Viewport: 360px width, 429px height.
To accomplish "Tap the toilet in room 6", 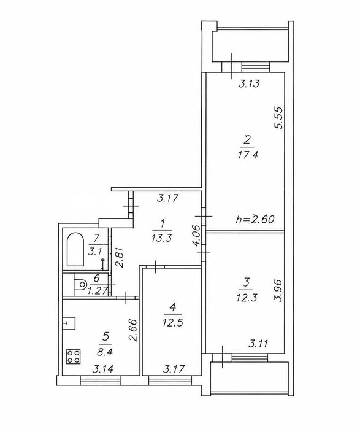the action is click(80, 284).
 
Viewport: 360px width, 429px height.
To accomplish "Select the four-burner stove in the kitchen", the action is click(74, 357).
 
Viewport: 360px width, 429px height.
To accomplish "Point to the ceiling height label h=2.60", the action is click(255, 219).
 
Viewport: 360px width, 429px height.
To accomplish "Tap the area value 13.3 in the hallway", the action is click(161, 238).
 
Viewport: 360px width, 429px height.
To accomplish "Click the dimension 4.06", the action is click(199, 235).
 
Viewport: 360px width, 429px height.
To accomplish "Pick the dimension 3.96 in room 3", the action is click(278, 290).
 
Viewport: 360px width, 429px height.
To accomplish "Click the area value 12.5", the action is click(172, 323).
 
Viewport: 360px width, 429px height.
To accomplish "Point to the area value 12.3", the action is click(247, 298).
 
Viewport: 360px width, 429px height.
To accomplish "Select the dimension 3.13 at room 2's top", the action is click(249, 83).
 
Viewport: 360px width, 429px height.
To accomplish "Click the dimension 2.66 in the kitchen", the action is click(133, 330).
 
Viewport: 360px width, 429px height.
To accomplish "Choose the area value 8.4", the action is click(105, 351).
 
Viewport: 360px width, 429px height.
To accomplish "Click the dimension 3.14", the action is click(103, 369).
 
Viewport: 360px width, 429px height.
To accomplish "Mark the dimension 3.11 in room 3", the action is click(258, 343).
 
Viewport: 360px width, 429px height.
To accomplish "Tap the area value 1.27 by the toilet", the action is click(98, 290).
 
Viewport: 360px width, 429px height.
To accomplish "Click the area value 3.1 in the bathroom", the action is click(94, 252).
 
